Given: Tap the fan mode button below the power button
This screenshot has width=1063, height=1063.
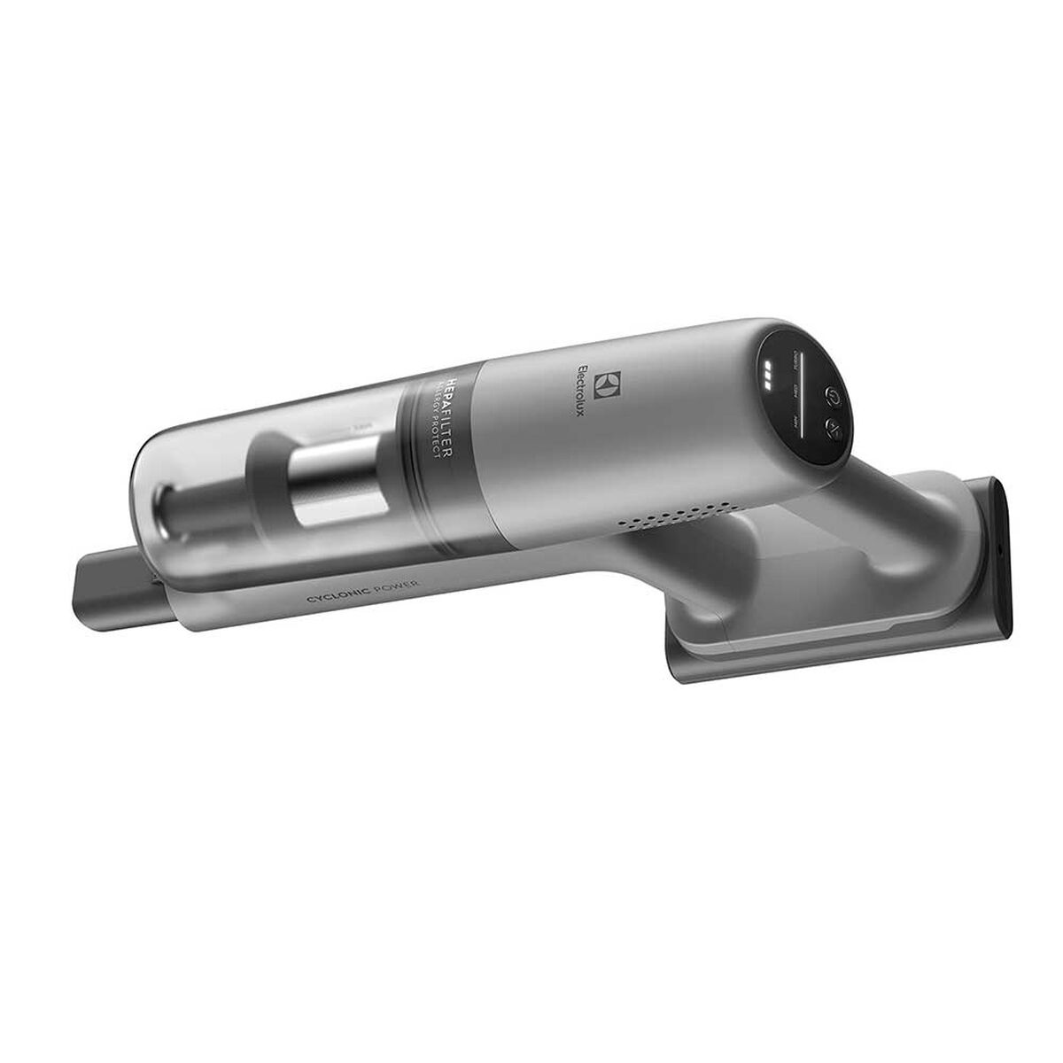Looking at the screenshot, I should point(834,428).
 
